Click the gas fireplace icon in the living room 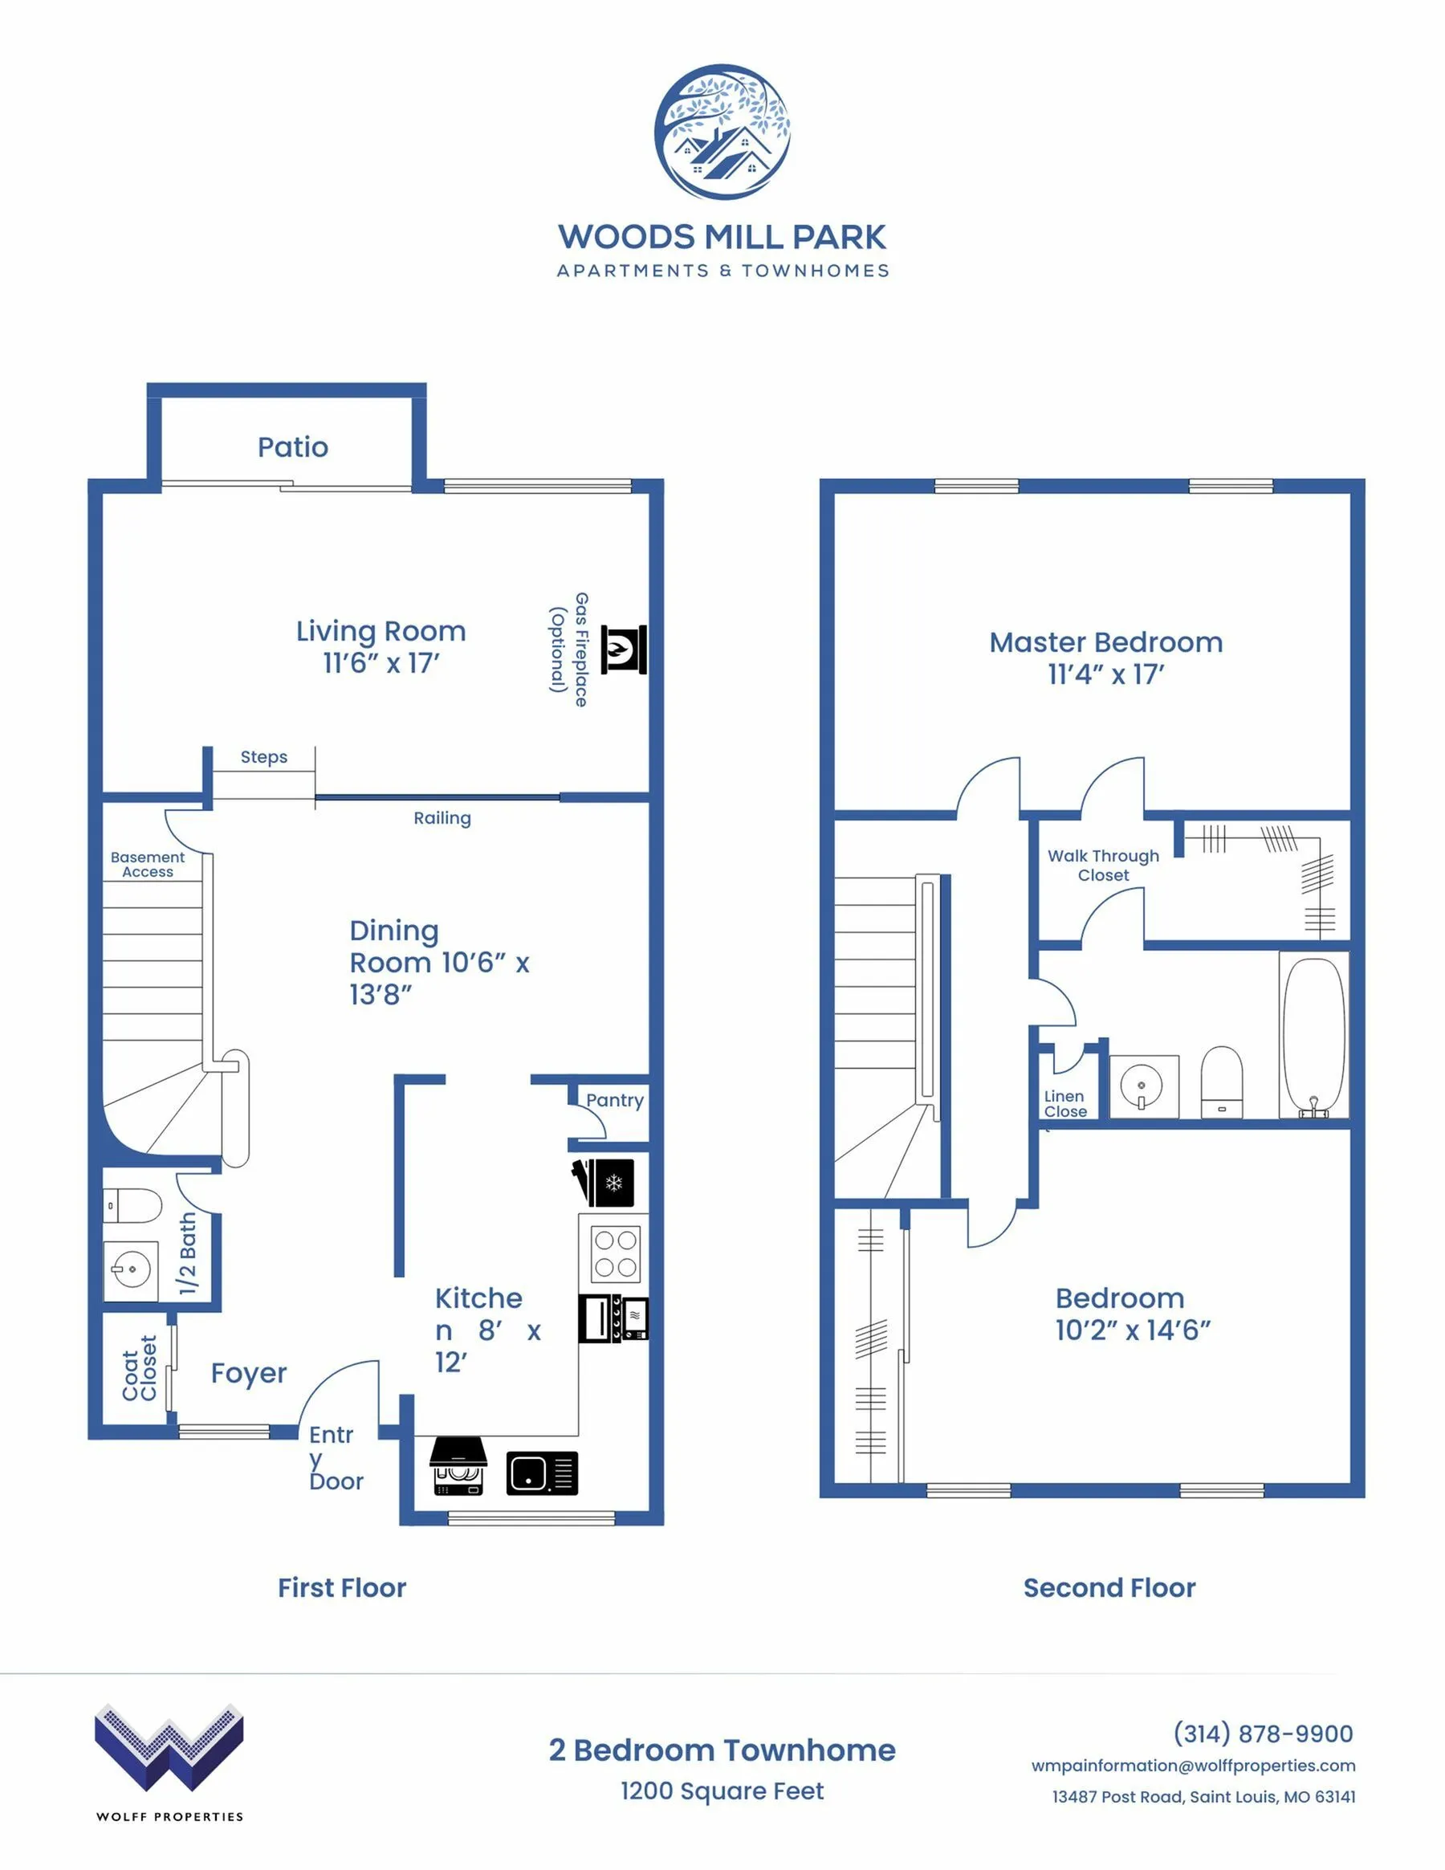click(x=623, y=650)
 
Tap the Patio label click(x=293, y=447)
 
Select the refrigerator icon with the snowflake click(x=604, y=1183)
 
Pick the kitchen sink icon click(x=542, y=1473)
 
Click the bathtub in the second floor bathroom click(x=1314, y=1037)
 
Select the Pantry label click(x=615, y=1100)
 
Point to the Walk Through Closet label click(x=1104, y=865)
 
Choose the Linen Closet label click(x=1065, y=1104)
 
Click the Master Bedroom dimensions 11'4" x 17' click(x=1106, y=674)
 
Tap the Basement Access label click(x=147, y=864)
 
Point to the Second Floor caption click(x=1109, y=1588)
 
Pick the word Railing click(x=442, y=818)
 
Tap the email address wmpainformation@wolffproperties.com click(x=1193, y=1766)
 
